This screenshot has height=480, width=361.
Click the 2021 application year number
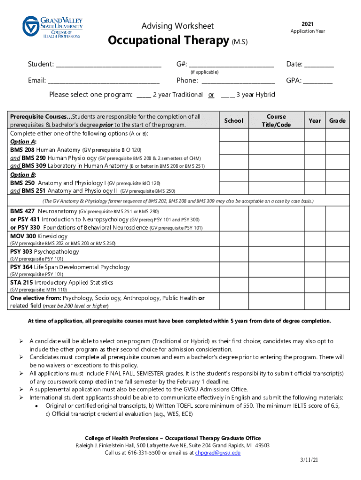point(308,24)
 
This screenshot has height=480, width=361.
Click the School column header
point(233,121)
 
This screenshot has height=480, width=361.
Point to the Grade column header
point(337,121)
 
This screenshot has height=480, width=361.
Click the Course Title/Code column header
point(276,121)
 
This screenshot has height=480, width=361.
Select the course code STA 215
point(22,283)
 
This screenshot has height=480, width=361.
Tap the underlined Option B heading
point(23,175)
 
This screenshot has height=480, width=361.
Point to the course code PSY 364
point(22,267)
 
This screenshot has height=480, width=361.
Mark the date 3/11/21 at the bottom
point(309,461)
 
